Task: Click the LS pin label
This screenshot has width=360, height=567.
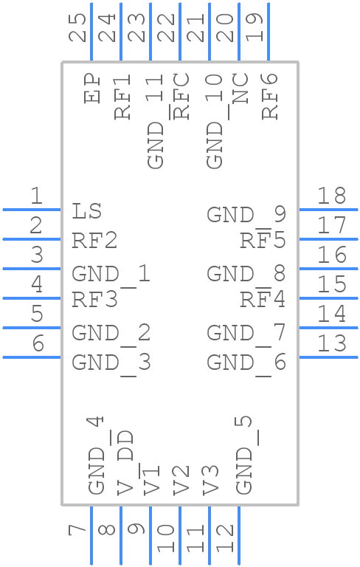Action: pos(87,212)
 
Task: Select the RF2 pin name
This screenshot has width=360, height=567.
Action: pos(94,241)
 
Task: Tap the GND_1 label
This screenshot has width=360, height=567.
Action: pos(111,275)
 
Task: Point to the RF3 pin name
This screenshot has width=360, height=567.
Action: pos(94,300)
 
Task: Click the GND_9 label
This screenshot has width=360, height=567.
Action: pos(246,216)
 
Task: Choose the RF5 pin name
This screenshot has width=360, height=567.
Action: pos(263,241)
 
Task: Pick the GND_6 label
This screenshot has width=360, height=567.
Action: pos(246,362)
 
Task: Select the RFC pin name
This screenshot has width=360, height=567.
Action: pos(181,95)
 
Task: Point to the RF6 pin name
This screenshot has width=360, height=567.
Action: pos(270,95)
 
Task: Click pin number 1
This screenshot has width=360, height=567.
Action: pos(35,196)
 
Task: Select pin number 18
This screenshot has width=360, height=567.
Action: pos(331,196)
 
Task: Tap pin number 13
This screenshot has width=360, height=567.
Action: pos(331,343)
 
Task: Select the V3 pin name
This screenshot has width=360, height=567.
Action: pos(211,479)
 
